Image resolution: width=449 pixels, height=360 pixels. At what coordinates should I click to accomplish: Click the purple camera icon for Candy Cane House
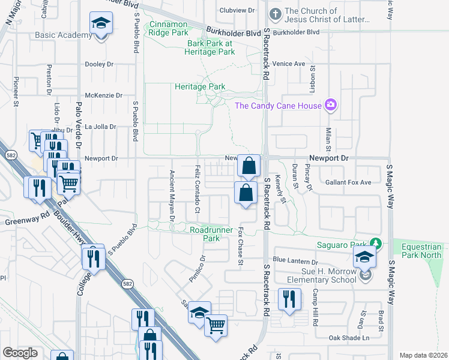(330, 106)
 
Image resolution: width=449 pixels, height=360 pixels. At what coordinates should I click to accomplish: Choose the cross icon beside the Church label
(274, 12)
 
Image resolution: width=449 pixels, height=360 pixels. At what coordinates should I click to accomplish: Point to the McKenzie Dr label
(103, 95)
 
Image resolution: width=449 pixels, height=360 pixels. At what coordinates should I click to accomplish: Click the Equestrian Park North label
(421, 251)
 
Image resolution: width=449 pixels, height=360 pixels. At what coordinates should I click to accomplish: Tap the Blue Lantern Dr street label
(295, 261)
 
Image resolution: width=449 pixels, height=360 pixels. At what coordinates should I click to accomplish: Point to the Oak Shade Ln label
(348, 338)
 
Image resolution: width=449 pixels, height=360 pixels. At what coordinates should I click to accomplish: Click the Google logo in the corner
(20, 353)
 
